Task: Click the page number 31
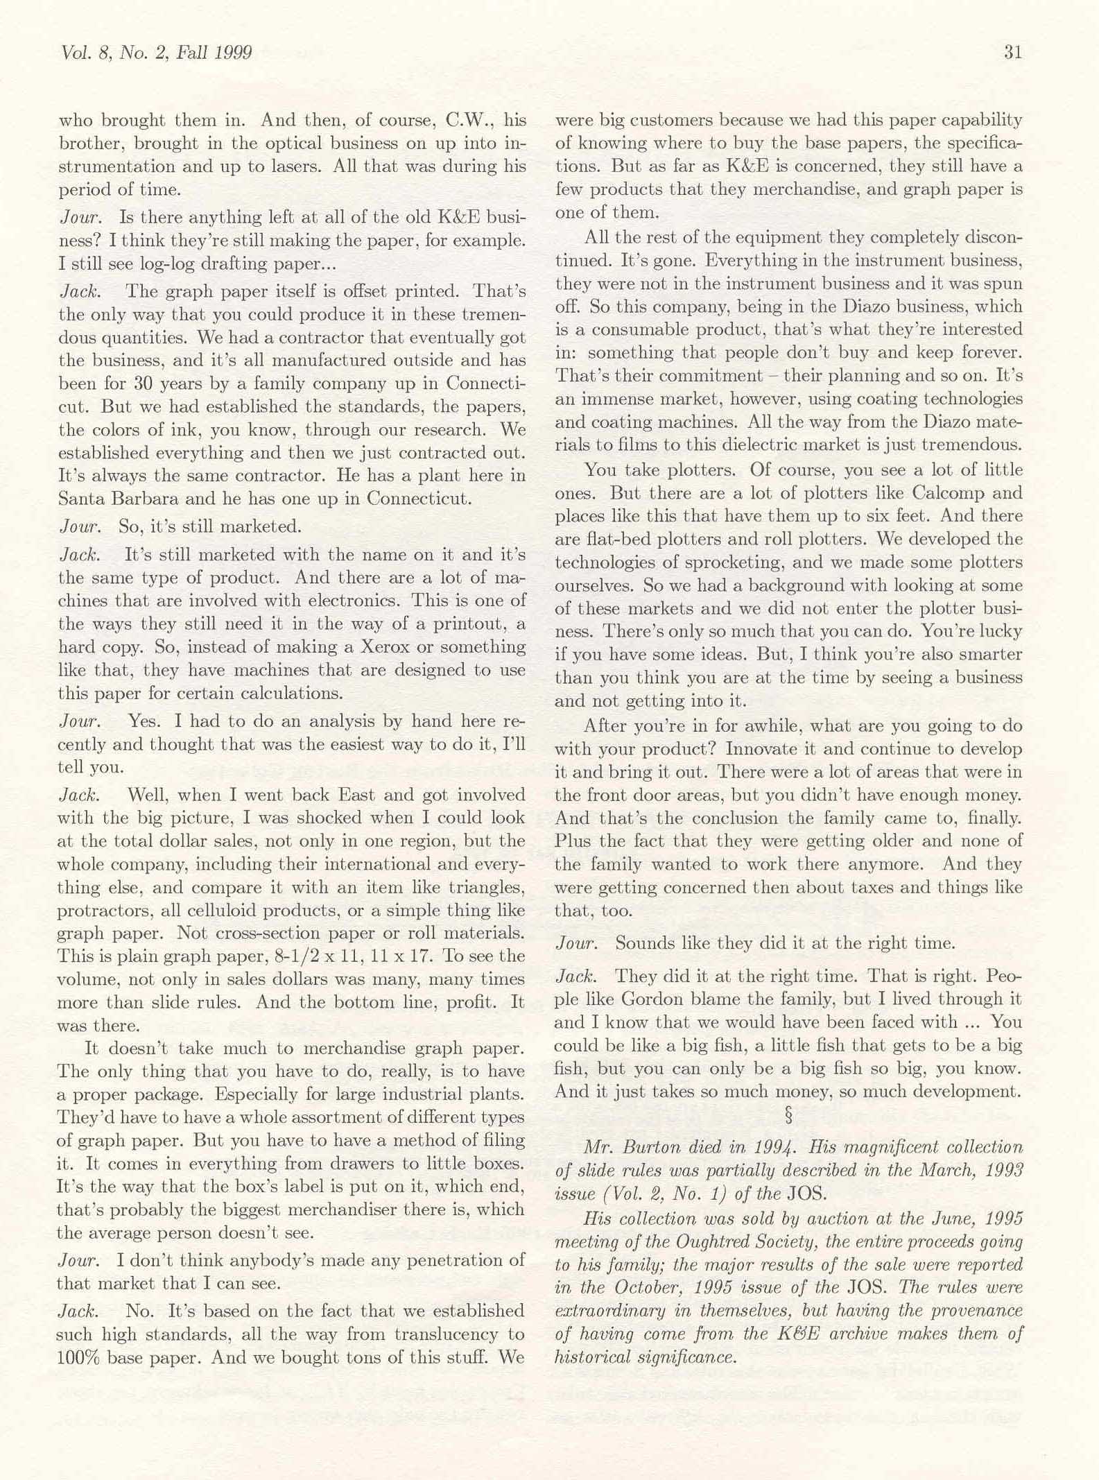[1012, 53]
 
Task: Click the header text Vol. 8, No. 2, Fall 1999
[157, 53]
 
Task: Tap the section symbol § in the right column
[788, 1116]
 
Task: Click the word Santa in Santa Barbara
[80, 499]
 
